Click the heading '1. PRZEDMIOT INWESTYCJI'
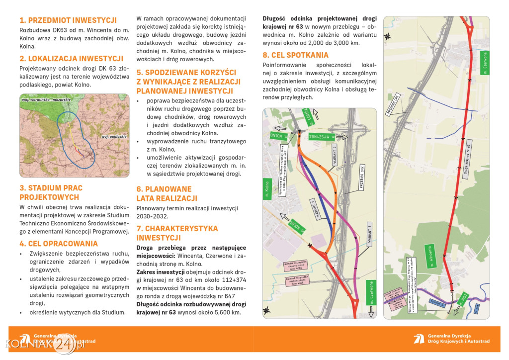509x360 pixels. coord(68,20)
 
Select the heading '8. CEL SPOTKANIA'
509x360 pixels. coord(295,55)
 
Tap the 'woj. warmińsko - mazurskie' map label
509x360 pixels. coord(46,100)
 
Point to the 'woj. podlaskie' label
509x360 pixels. coord(114,136)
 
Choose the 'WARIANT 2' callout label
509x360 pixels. coord(336,155)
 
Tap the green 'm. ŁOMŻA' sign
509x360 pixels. coord(308,116)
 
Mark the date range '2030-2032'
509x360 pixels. coord(152,216)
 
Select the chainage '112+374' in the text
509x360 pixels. coord(231,272)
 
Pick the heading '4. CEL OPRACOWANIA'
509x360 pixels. coord(59,244)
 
